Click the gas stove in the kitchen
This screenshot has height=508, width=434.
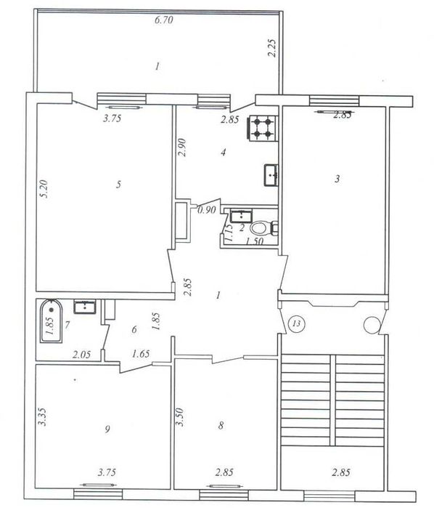(263, 129)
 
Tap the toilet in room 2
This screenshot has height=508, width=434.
(263, 228)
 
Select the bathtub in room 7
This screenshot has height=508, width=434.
(51, 320)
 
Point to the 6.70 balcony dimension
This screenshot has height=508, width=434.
(164, 20)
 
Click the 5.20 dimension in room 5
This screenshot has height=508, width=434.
(44, 189)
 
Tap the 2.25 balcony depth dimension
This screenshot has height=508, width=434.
(272, 48)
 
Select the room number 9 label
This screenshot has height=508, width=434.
(107, 430)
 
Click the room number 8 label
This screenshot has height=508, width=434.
(221, 425)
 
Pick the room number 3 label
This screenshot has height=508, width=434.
(337, 179)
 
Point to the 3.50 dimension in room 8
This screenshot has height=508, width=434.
(180, 417)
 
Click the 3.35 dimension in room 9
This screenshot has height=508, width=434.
(42, 416)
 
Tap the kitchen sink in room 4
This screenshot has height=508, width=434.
(271, 175)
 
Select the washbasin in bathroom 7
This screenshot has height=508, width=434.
(85, 307)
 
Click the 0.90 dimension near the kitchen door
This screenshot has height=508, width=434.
(207, 210)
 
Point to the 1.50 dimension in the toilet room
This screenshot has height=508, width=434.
(254, 241)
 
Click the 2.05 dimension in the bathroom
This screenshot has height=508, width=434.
(81, 355)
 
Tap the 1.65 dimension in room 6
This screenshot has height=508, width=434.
(141, 353)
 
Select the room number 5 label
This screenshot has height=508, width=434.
(119, 185)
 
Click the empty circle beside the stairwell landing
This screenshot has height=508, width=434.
(371, 325)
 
